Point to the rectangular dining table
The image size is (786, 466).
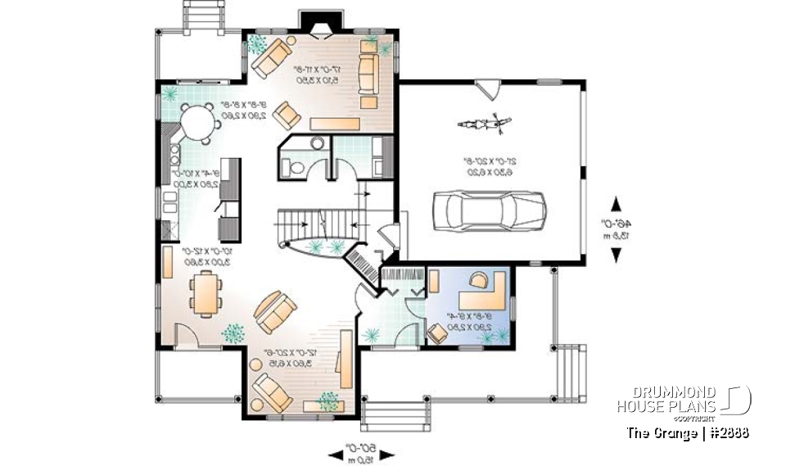pyautogui.click(x=205, y=293)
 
